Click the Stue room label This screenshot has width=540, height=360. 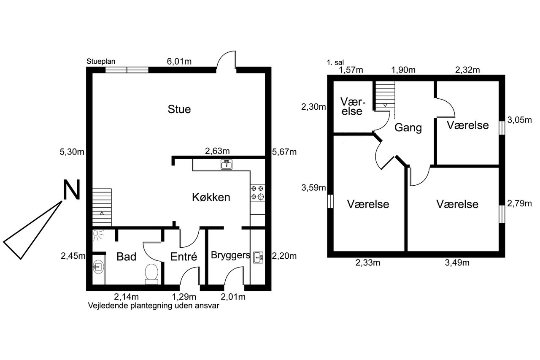179,109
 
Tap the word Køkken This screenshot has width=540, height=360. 211,197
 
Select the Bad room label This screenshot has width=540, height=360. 126,257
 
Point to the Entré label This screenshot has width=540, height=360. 184,257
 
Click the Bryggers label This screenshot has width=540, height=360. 230,255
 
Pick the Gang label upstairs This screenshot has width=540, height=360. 408,127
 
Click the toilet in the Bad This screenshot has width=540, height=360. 151,274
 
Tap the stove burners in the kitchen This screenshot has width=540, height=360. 257,192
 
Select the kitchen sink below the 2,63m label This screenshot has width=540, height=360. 227,165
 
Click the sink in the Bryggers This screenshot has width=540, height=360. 258,257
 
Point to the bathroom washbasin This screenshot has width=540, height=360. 98,267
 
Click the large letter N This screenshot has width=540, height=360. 71,190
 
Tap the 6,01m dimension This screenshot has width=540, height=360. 179,62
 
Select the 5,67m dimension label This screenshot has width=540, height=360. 284,152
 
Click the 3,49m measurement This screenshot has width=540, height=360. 457,263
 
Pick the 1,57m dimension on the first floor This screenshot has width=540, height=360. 351,70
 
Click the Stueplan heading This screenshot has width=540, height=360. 101,62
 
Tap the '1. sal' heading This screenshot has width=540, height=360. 335,63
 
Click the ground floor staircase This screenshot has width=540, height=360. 102,207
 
